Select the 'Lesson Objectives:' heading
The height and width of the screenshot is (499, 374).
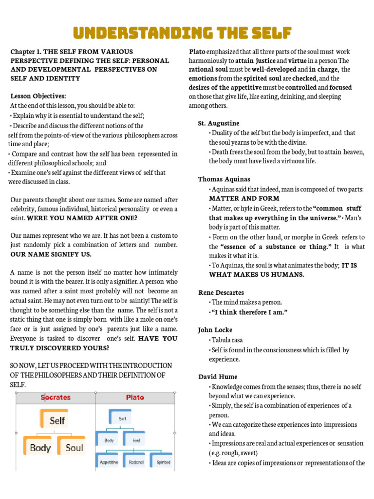[x=38, y=96]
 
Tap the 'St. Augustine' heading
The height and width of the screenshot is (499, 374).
[x=219, y=123]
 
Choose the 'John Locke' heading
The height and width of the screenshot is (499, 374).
[x=215, y=330]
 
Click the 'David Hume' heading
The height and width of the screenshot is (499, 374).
[x=218, y=377]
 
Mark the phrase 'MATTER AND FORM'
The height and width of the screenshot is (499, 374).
[x=244, y=199]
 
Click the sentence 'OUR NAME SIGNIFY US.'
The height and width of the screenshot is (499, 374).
[x=51, y=254]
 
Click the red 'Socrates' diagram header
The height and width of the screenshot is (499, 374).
[x=55, y=397]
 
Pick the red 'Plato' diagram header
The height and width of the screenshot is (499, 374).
[x=135, y=397]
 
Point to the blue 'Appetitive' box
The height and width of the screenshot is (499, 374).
[x=109, y=462]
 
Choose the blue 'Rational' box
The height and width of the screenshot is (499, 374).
[x=136, y=462]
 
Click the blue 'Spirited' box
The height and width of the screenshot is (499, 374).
[x=163, y=462]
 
